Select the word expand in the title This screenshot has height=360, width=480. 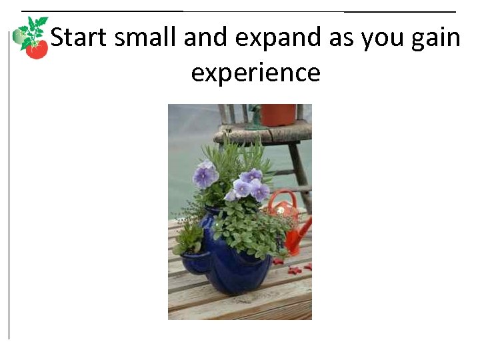pyautogui.click(x=288, y=38)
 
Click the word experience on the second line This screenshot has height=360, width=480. pyautogui.click(x=255, y=72)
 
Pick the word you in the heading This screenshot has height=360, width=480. pyautogui.click(x=381, y=38)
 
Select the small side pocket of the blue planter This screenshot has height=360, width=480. pyautogui.click(x=194, y=261)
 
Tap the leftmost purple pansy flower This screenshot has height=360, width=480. pyautogui.click(x=205, y=176)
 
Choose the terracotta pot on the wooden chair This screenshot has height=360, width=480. pyautogui.click(x=278, y=115)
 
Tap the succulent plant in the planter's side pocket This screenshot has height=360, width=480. pyautogui.click(x=189, y=237)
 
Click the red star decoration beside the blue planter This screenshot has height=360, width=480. pyautogui.click(x=294, y=270)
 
